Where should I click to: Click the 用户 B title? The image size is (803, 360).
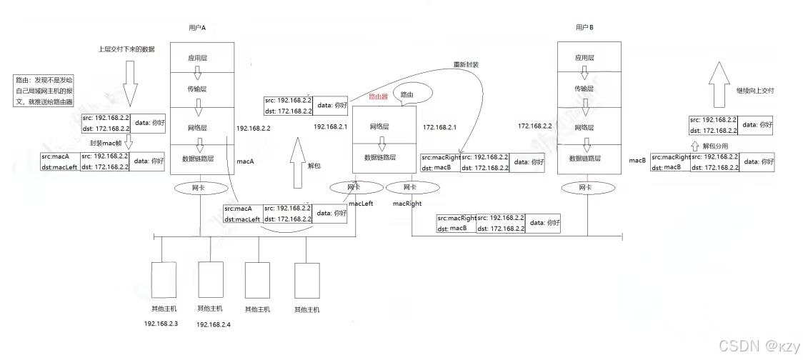pyautogui.click(x=584, y=27)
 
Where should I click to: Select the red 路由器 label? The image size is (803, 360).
pyautogui.click(x=378, y=96)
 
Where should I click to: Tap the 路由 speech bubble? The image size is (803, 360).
pyautogui.click(x=407, y=94)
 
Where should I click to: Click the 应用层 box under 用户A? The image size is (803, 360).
pyautogui.click(x=198, y=57)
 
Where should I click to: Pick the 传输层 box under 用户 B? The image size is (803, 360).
pyautogui.click(x=584, y=88)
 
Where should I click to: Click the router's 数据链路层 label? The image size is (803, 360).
pyautogui.click(x=381, y=157)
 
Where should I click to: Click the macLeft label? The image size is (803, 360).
pyautogui.click(x=361, y=204)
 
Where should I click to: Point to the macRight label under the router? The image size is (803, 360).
pyautogui.click(x=408, y=204)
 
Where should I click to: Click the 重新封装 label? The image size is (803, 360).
pyautogui.click(x=466, y=65)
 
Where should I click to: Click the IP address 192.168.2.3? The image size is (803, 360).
pyautogui.click(x=161, y=324)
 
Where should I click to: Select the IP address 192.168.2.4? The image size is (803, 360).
pyautogui.click(x=214, y=324)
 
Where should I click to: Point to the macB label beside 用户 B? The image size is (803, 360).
pyautogui.click(x=637, y=161)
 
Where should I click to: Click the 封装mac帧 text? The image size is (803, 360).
pyautogui.click(x=106, y=143)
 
